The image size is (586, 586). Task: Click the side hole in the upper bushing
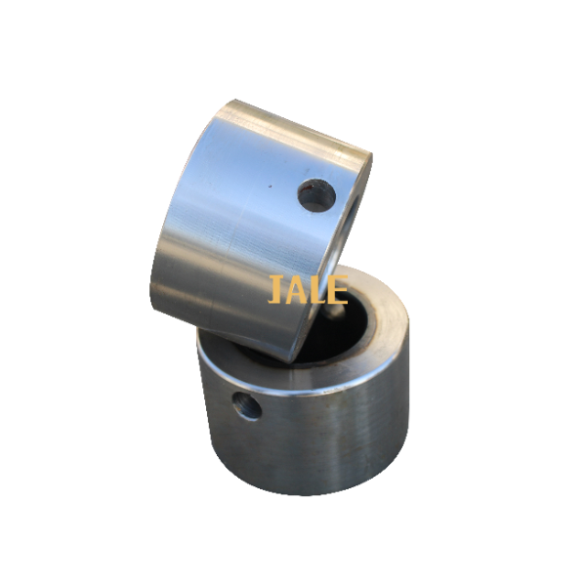[316, 195]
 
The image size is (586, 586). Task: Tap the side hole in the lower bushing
[247, 406]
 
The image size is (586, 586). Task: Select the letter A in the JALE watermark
[297, 289]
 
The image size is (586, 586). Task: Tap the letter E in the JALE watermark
[338, 289]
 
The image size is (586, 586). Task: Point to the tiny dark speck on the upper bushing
[270, 185]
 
